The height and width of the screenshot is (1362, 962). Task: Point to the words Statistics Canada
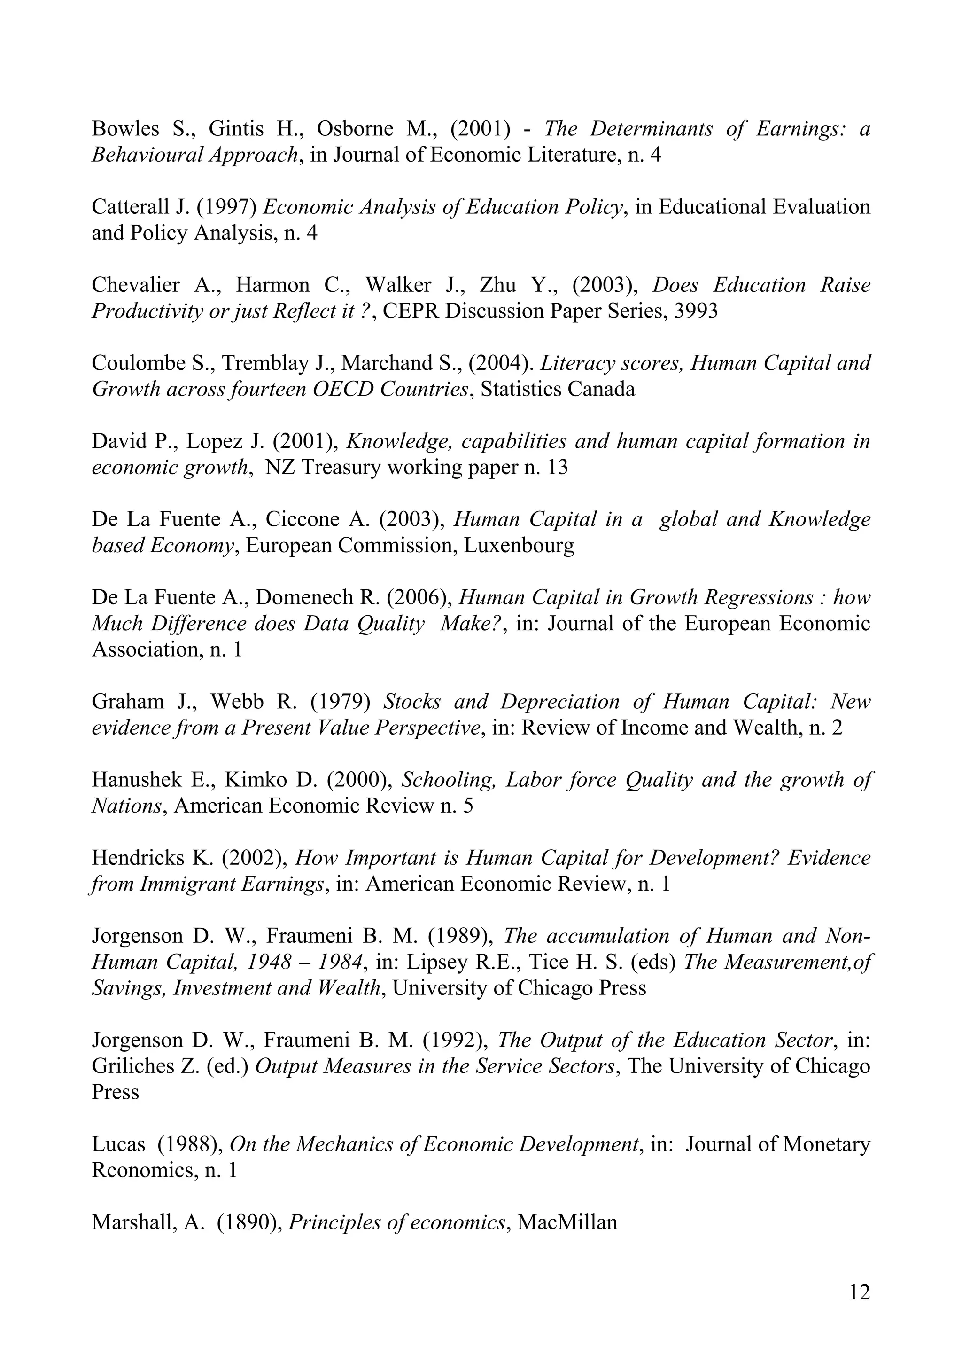click(x=557, y=390)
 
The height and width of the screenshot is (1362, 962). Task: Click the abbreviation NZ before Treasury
click(x=280, y=468)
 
